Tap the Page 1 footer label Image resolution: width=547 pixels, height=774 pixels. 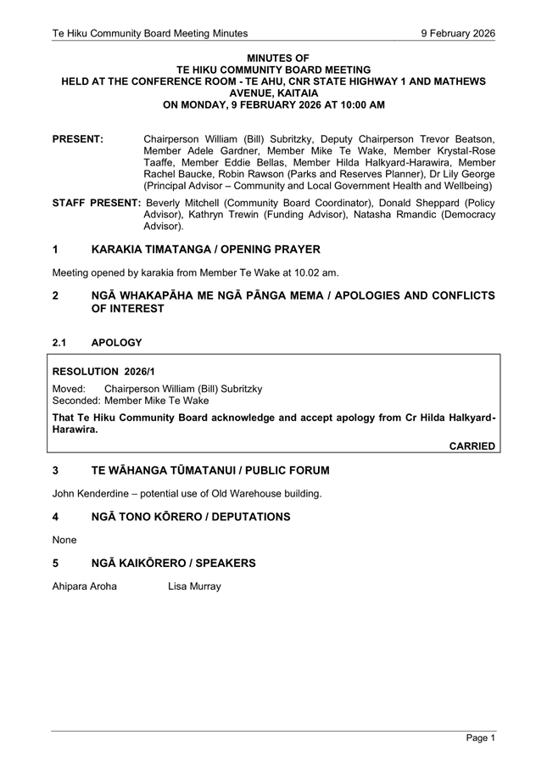[x=480, y=738]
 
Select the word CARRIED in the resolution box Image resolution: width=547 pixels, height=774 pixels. [x=472, y=446]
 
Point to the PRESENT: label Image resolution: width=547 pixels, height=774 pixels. [x=78, y=138]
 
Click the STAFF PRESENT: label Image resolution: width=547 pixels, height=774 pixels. [x=96, y=203]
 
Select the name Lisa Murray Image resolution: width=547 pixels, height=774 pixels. [x=194, y=586]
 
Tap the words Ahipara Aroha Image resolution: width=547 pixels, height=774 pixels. [x=84, y=586]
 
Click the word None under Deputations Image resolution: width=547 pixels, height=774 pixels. [x=64, y=540]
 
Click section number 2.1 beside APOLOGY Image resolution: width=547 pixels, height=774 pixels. [x=61, y=343]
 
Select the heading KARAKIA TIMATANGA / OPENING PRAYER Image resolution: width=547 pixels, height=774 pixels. [x=205, y=250]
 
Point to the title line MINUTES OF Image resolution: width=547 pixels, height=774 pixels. [x=273, y=58]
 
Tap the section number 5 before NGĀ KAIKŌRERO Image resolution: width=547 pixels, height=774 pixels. [x=55, y=563]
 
